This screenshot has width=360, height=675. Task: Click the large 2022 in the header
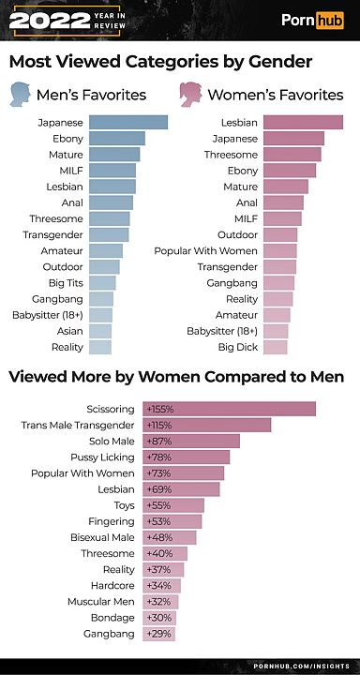click(x=42, y=20)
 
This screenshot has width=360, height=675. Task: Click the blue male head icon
click(x=20, y=94)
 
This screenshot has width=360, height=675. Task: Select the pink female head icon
click(x=191, y=94)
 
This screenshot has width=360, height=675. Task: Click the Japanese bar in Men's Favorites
click(x=127, y=122)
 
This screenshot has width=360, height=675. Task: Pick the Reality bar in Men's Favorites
click(x=99, y=347)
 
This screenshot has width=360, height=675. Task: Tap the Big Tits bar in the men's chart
click(x=102, y=282)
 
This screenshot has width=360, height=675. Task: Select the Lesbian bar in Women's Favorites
click(x=303, y=122)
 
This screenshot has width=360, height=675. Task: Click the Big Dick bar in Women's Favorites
click(x=275, y=347)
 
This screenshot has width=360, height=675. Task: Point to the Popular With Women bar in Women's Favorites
click(x=279, y=250)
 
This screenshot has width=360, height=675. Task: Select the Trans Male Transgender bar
click(x=207, y=425)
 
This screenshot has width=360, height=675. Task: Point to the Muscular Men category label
click(x=101, y=602)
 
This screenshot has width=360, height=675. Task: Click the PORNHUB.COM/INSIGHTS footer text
click(x=302, y=665)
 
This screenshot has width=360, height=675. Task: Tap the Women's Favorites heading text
click(x=275, y=95)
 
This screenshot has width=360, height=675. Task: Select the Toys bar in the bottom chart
click(x=173, y=505)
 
